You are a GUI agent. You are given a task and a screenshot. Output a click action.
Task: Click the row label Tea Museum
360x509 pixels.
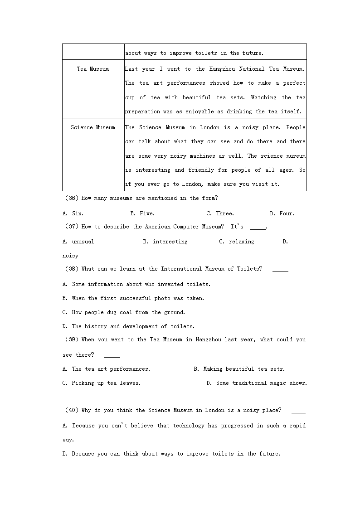(93, 69)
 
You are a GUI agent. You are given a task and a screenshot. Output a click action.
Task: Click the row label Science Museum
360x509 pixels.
(93, 127)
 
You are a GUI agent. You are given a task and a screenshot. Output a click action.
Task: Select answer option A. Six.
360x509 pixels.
(73, 213)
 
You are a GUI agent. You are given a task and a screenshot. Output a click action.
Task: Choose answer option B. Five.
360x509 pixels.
(142, 213)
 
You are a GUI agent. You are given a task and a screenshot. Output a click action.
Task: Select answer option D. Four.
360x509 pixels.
(282, 213)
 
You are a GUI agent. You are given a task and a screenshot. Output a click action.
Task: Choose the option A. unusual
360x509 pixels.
(78, 242)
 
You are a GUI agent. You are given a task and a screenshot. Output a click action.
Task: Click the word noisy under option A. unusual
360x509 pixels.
(70, 256)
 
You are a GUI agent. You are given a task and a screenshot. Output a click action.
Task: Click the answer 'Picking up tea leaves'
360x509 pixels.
(102, 383)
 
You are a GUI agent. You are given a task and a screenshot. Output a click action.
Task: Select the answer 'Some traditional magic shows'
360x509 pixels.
(257, 383)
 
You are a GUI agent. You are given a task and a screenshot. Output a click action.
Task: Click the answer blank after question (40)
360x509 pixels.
(298, 411)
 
